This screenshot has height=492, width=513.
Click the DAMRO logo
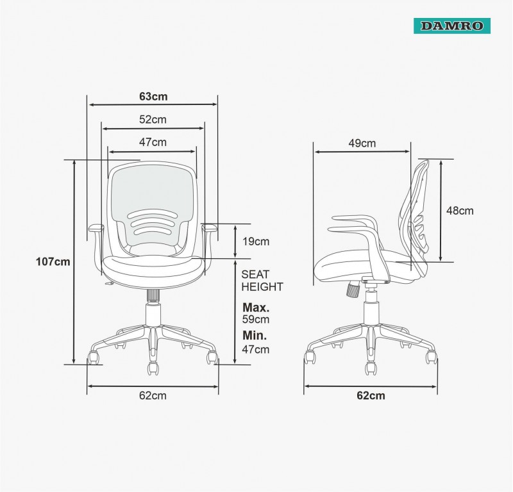[452, 26]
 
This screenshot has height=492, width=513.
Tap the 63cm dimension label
[153, 97]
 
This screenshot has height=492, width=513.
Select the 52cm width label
[153, 119]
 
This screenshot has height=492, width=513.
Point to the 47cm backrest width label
[153, 142]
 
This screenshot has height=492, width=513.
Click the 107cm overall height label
[53, 261]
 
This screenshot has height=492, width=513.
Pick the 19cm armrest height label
[256, 242]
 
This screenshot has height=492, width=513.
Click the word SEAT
[255, 274]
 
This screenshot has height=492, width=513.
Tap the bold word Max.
[256, 307]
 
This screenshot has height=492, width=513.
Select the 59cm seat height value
[256, 319]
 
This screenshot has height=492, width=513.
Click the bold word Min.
[255, 335]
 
